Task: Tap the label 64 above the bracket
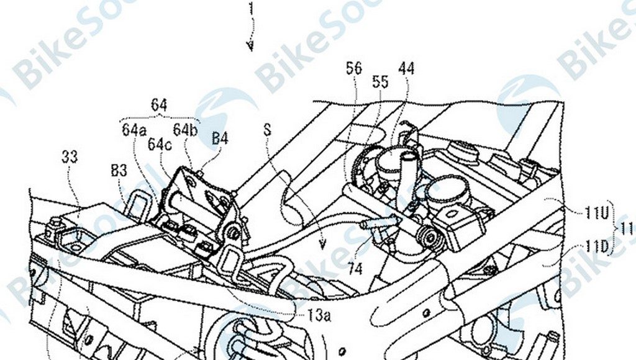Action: coord(159,106)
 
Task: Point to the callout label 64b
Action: coord(185,130)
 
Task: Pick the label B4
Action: coord(220,138)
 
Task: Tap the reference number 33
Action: coord(70,156)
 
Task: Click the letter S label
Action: coord(268,131)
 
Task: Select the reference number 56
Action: coord(354,69)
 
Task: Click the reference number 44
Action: coord(407,69)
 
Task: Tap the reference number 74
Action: coord(355,269)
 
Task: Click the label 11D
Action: coord(594,247)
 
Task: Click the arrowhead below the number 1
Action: coord(250,47)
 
